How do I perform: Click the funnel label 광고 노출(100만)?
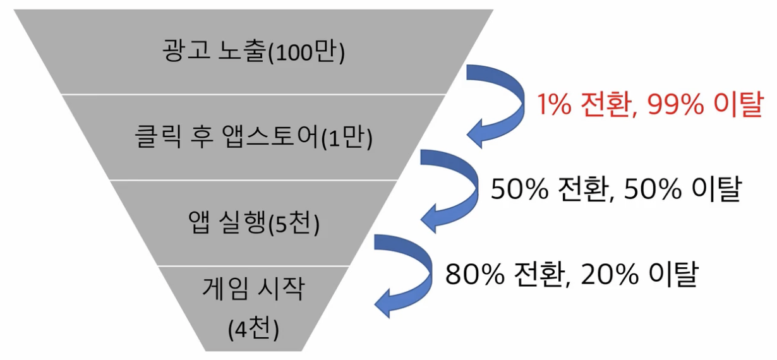(x=253, y=52)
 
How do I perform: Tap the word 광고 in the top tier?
(x=181, y=51)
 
